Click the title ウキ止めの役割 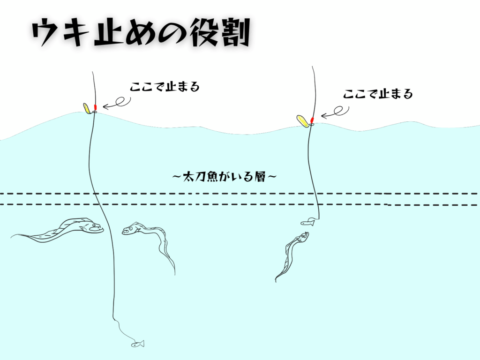(x=141, y=33)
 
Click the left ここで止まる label (x=165, y=87)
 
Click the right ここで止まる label (x=378, y=94)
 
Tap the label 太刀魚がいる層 (x=225, y=177)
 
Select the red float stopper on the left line (x=95, y=107)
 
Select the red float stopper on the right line (x=312, y=120)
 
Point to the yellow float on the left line (x=87, y=108)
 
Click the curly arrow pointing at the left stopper (x=117, y=103)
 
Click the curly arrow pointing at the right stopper (x=335, y=112)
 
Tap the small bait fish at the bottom (x=138, y=344)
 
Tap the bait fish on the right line (x=308, y=222)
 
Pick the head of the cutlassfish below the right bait (x=303, y=237)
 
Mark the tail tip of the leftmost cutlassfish (x=11, y=237)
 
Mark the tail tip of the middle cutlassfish (x=175, y=274)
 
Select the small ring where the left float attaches (x=94, y=112)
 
